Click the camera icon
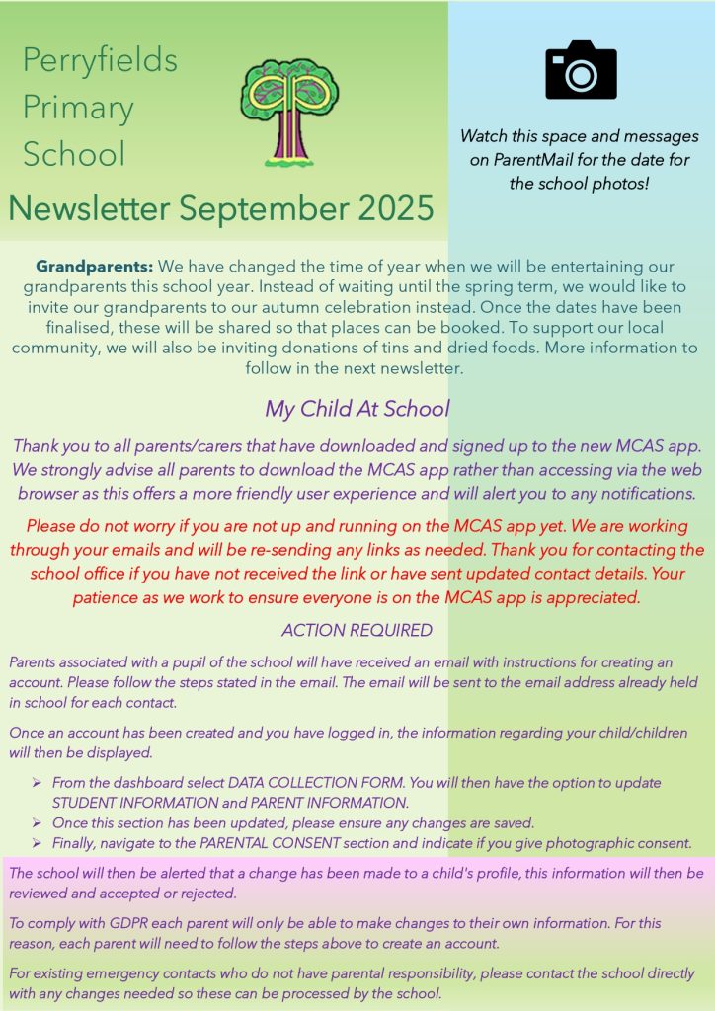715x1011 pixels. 581,70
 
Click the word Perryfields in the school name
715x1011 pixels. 100,60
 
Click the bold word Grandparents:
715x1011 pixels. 95,268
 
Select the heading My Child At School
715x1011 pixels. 357,409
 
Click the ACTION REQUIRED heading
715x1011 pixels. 357,630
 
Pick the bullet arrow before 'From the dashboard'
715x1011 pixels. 37,783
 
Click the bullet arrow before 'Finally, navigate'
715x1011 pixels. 37,843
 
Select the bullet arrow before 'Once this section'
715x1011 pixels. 37,822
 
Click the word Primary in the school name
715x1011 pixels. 78,107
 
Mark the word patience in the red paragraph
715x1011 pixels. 105,597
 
